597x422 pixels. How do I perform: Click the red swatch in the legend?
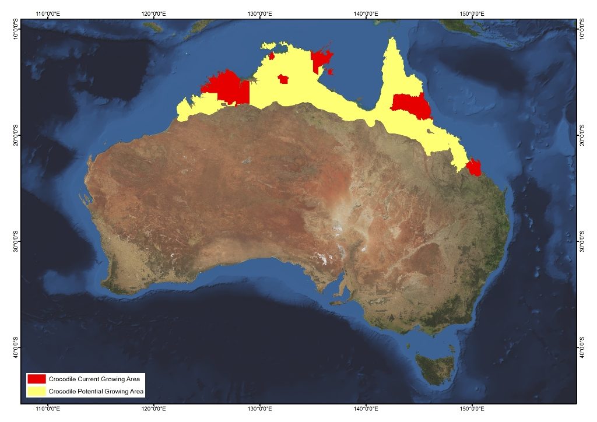[36, 379]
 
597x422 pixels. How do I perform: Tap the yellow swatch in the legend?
[36, 391]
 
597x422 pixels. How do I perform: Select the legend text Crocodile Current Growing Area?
[94, 379]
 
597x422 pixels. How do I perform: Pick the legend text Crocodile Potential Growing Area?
[96, 391]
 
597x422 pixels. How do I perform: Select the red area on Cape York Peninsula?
[410, 105]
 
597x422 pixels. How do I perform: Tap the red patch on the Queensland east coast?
[474, 167]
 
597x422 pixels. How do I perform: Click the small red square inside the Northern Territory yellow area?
[283, 79]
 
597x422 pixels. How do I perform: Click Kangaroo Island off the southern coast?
[338, 302]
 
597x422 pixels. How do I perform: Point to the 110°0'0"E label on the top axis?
[49, 13]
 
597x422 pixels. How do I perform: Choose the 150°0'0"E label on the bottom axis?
[472, 409]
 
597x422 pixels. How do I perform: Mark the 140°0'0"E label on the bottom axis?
[366, 409]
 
